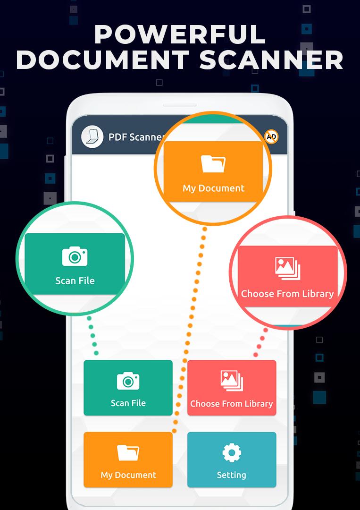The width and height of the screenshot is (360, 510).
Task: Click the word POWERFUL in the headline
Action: (x=180, y=34)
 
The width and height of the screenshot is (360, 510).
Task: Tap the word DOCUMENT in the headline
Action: (x=103, y=59)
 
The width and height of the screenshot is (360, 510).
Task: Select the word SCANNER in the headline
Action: (x=271, y=59)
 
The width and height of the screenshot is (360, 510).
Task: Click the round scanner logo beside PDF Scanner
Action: (x=92, y=136)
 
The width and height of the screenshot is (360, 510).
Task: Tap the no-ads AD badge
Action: (x=271, y=137)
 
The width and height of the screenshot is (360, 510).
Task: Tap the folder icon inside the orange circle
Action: (x=213, y=163)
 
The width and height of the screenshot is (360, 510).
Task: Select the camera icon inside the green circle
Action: (x=75, y=256)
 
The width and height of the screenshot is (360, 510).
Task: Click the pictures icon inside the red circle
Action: (x=287, y=269)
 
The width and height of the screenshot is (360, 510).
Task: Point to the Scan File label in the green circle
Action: (x=75, y=280)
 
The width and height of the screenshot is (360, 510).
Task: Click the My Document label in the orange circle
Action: (x=213, y=188)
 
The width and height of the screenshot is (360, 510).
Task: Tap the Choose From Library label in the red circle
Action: (x=287, y=294)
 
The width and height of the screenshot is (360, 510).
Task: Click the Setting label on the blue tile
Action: (x=231, y=475)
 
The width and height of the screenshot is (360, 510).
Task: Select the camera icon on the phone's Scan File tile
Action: (x=128, y=381)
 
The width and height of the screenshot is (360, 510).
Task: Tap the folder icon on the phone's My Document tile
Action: (x=128, y=453)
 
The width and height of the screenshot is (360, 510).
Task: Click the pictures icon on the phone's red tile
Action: (x=232, y=381)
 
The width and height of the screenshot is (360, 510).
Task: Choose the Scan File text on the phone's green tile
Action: (x=128, y=403)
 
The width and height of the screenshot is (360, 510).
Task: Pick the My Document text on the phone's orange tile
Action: (x=128, y=475)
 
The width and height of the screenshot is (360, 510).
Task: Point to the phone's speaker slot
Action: (x=180, y=105)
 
